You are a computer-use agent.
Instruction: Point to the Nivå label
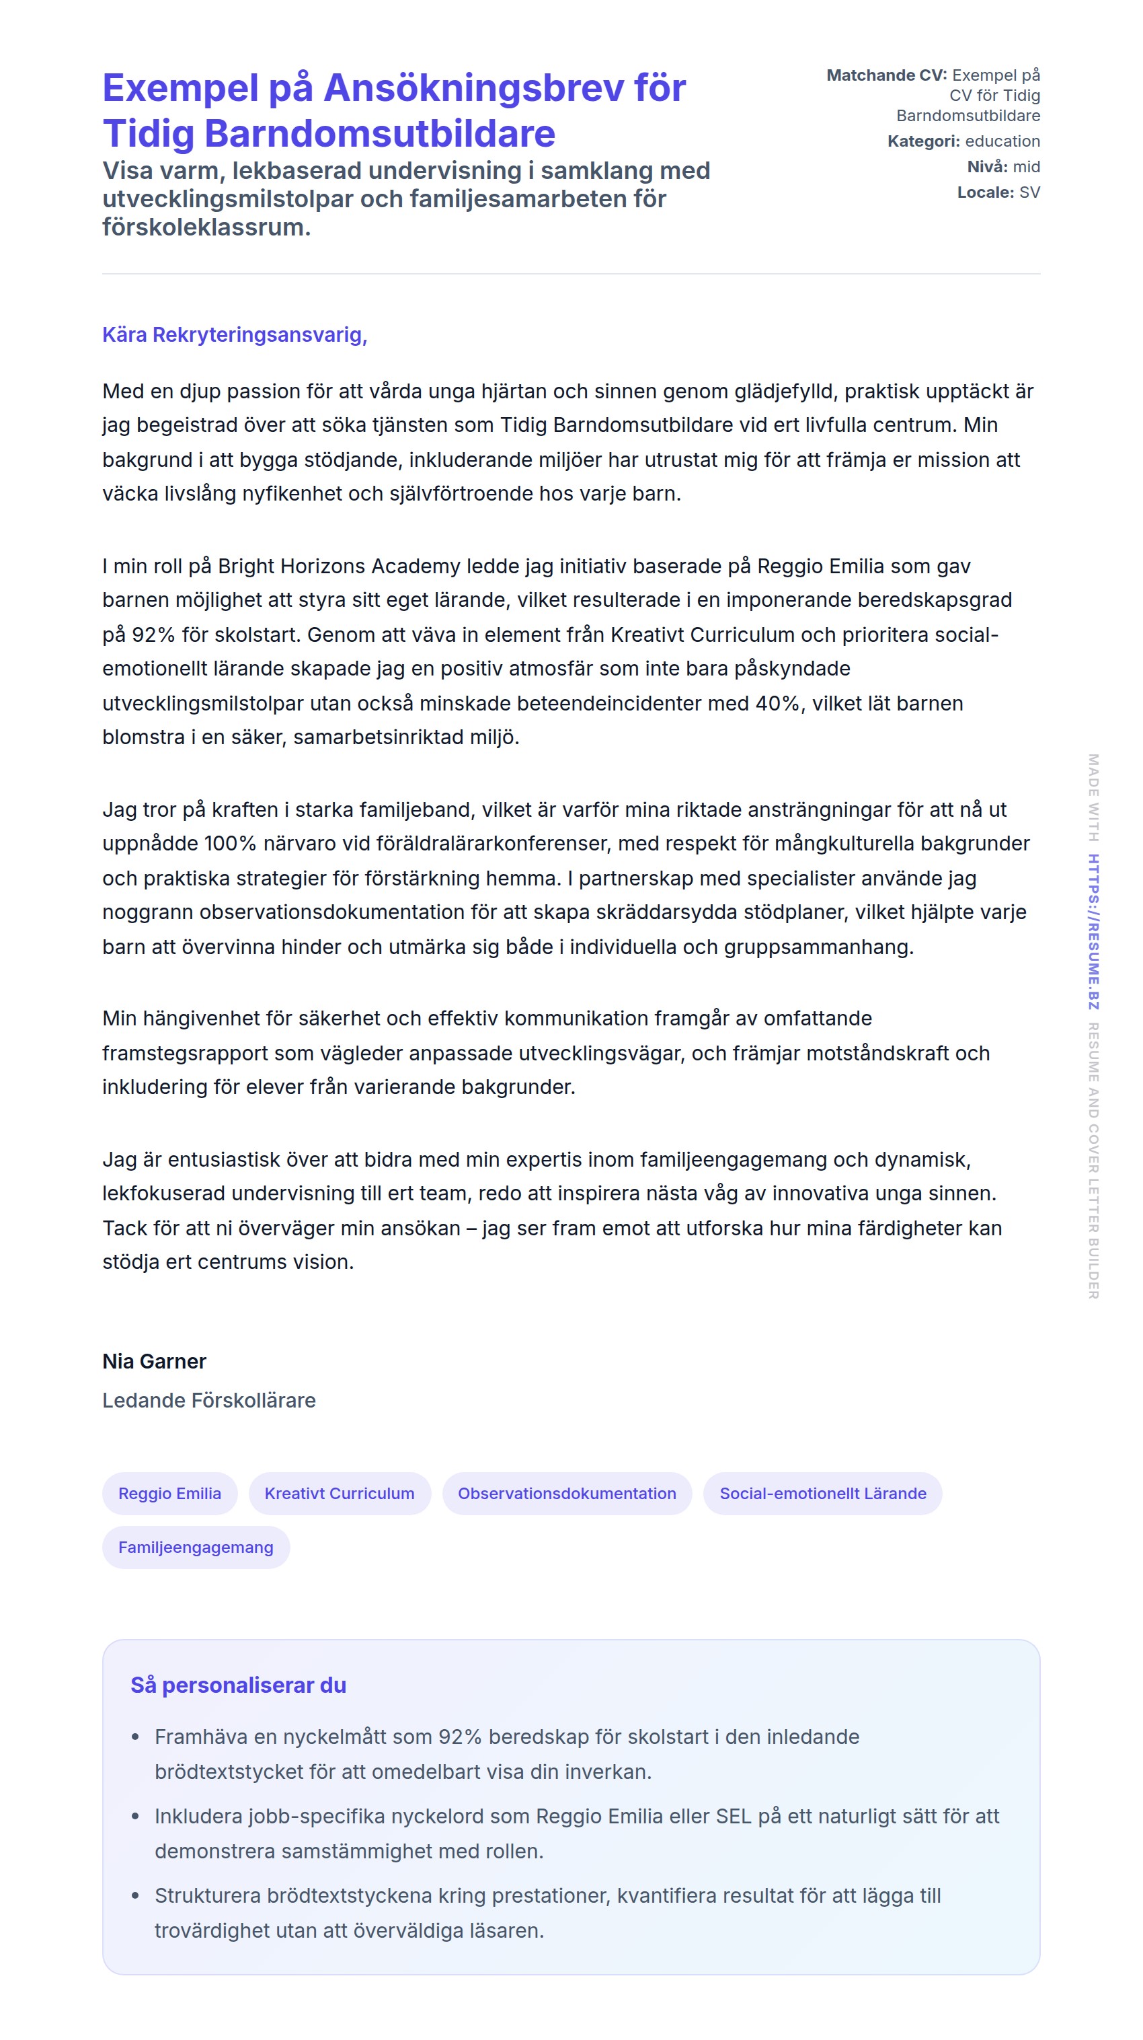[x=986, y=166]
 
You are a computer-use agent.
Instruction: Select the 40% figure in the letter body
[x=777, y=703]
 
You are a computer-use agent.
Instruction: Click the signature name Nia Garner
[x=155, y=1361]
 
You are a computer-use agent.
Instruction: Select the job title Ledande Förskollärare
[x=209, y=1400]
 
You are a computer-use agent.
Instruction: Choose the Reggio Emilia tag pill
[x=169, y=1494]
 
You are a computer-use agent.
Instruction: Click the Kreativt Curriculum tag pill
[x=340, y=1494]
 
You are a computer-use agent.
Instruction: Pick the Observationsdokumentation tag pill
[x=567, y=1494]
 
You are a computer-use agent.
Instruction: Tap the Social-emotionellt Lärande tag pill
[x=822, y=1494]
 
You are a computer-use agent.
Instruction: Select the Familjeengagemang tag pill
[x=196, y=1547]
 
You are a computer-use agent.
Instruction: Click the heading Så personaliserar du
[x=238, y=1685]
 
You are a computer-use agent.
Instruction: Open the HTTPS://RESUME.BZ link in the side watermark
[x=1093, y=931]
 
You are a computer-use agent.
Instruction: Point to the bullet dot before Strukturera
[x=135, y=1896]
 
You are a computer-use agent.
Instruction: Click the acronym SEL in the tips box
[x=733, y=1816]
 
